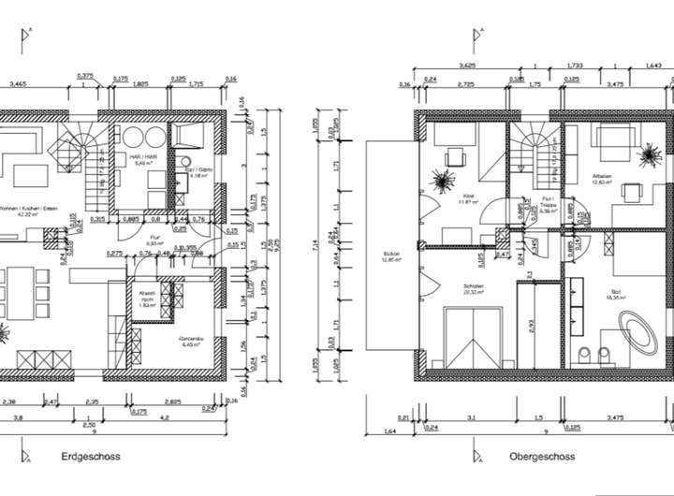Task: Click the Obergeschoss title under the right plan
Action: click(x=543, y=458)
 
